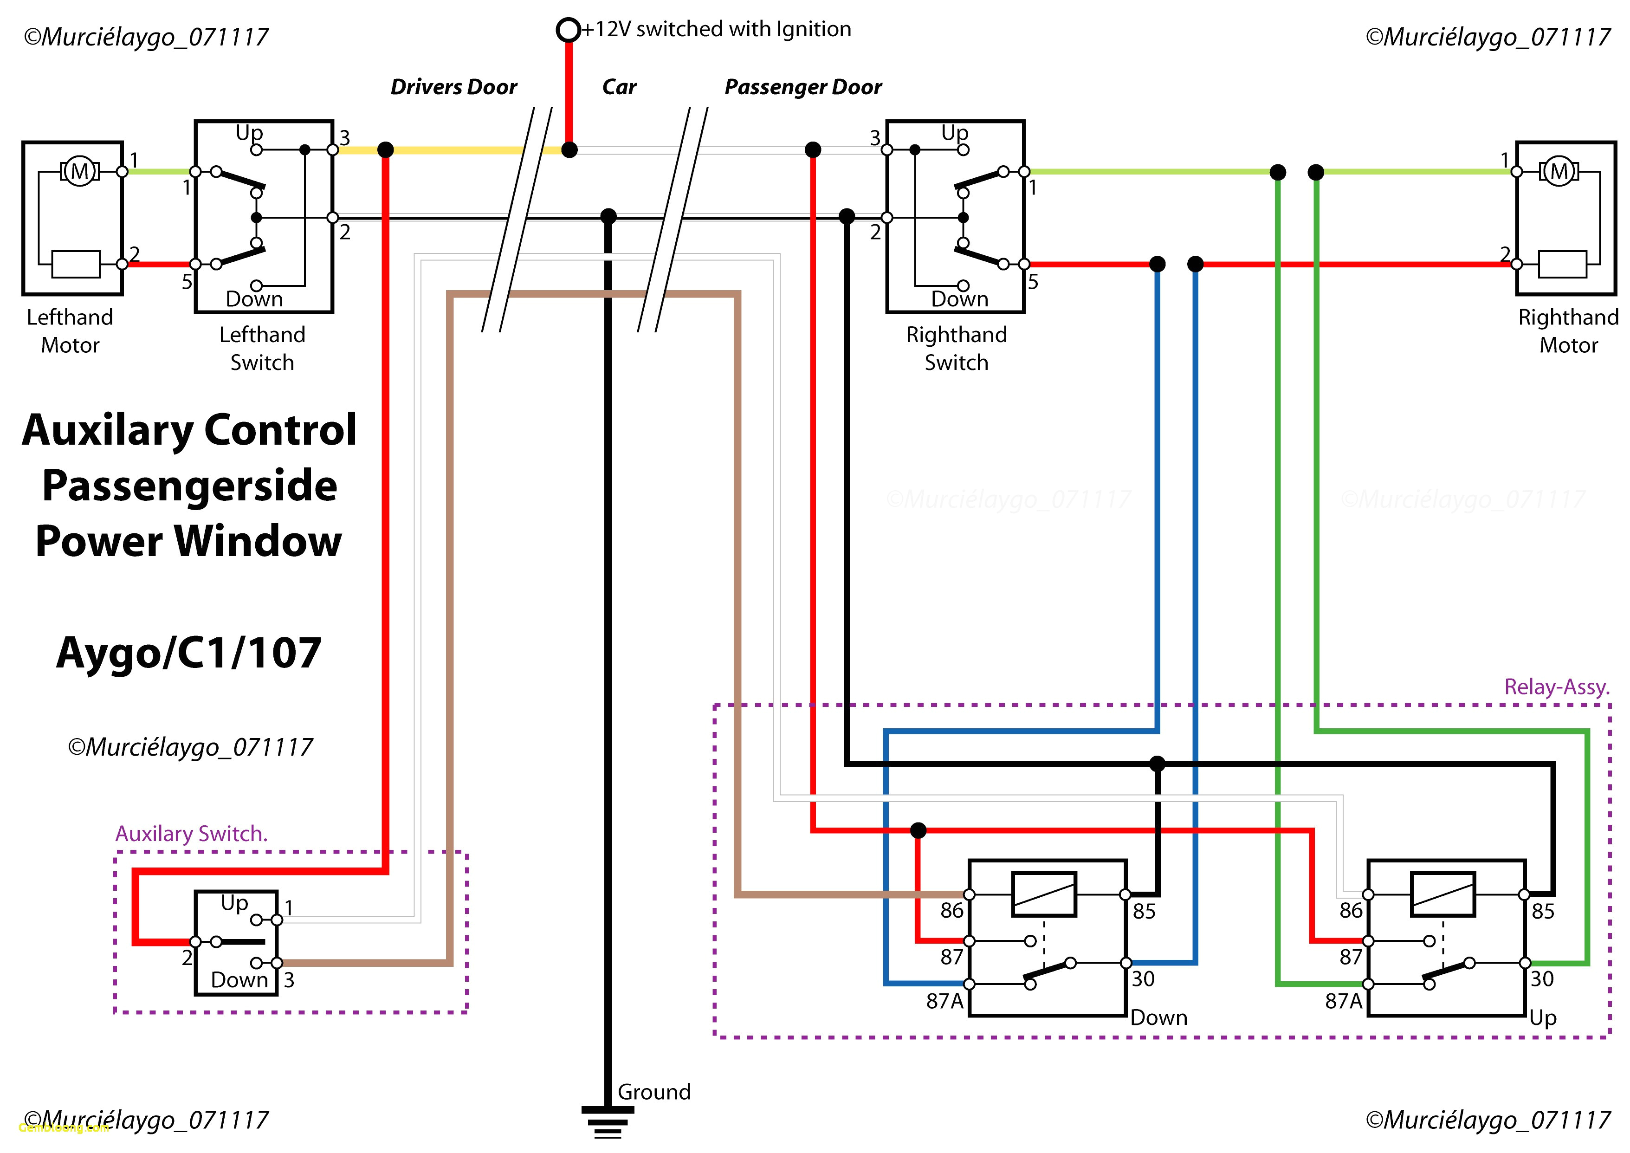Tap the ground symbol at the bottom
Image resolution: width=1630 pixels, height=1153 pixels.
click(608, 1122)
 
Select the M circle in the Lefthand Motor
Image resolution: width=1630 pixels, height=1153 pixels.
click(79, 171)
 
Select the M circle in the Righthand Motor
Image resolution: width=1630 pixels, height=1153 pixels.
click(1559, 171)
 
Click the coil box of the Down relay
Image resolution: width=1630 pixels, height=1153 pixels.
click(1044, 894)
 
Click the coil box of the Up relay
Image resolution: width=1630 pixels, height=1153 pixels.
click(1443, 894)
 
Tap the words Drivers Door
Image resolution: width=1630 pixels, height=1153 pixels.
click(453, 87)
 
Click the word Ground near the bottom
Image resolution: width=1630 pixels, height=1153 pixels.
click(653, 1091)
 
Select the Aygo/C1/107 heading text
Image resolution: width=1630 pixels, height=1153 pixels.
click(189, 653)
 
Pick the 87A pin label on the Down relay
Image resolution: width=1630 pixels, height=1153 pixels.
click(944, 1001)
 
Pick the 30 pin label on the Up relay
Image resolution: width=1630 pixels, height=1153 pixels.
click(1542, 979)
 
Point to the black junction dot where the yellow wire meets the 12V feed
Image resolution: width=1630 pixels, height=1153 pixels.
click(569, 150)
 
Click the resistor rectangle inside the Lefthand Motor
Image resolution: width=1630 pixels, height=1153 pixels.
click(76, 264)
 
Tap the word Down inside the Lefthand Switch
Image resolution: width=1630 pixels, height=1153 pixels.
click(254, 299)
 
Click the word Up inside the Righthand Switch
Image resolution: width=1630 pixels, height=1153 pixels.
click(954, 132)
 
